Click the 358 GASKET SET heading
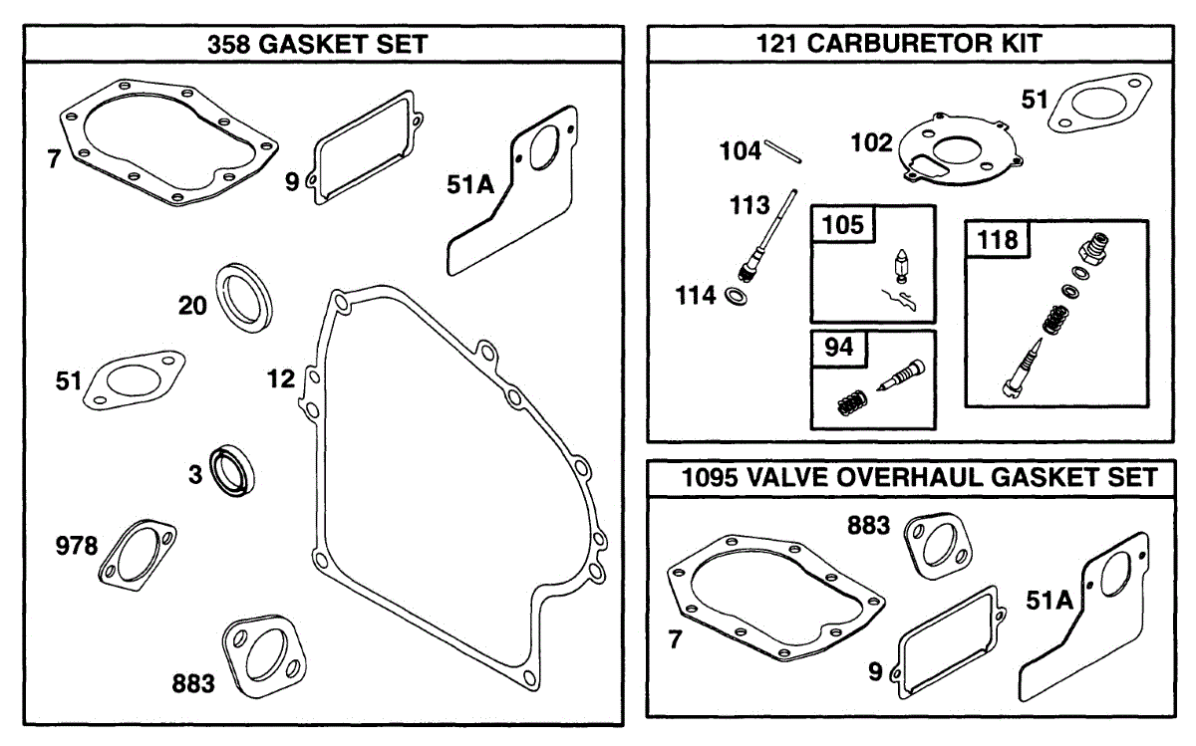pos(317,45)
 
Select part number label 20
pos(193,306)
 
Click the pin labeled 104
pos(785,150)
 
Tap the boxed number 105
pos(843,225)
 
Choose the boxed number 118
pos(998,240)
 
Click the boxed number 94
pos(838,350)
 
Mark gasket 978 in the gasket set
pos(137,550)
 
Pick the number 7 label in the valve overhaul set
pos(676,640)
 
